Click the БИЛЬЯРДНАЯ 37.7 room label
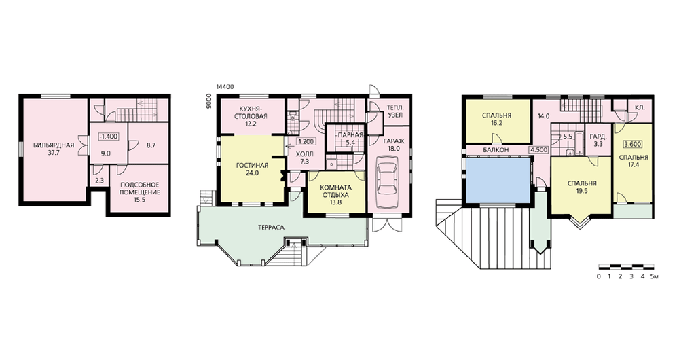54,149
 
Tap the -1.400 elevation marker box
108,137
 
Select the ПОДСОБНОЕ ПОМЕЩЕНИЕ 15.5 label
139,192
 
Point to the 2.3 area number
99,181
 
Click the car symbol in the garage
388,181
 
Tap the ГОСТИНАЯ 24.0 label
253,169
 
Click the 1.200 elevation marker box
306,141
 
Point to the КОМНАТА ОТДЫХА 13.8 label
336,194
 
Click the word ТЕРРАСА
271,227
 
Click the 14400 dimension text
225,87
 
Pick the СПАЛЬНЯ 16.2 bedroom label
497,119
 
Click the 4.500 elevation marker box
539,150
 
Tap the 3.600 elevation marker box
632,144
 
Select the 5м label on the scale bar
655,276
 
